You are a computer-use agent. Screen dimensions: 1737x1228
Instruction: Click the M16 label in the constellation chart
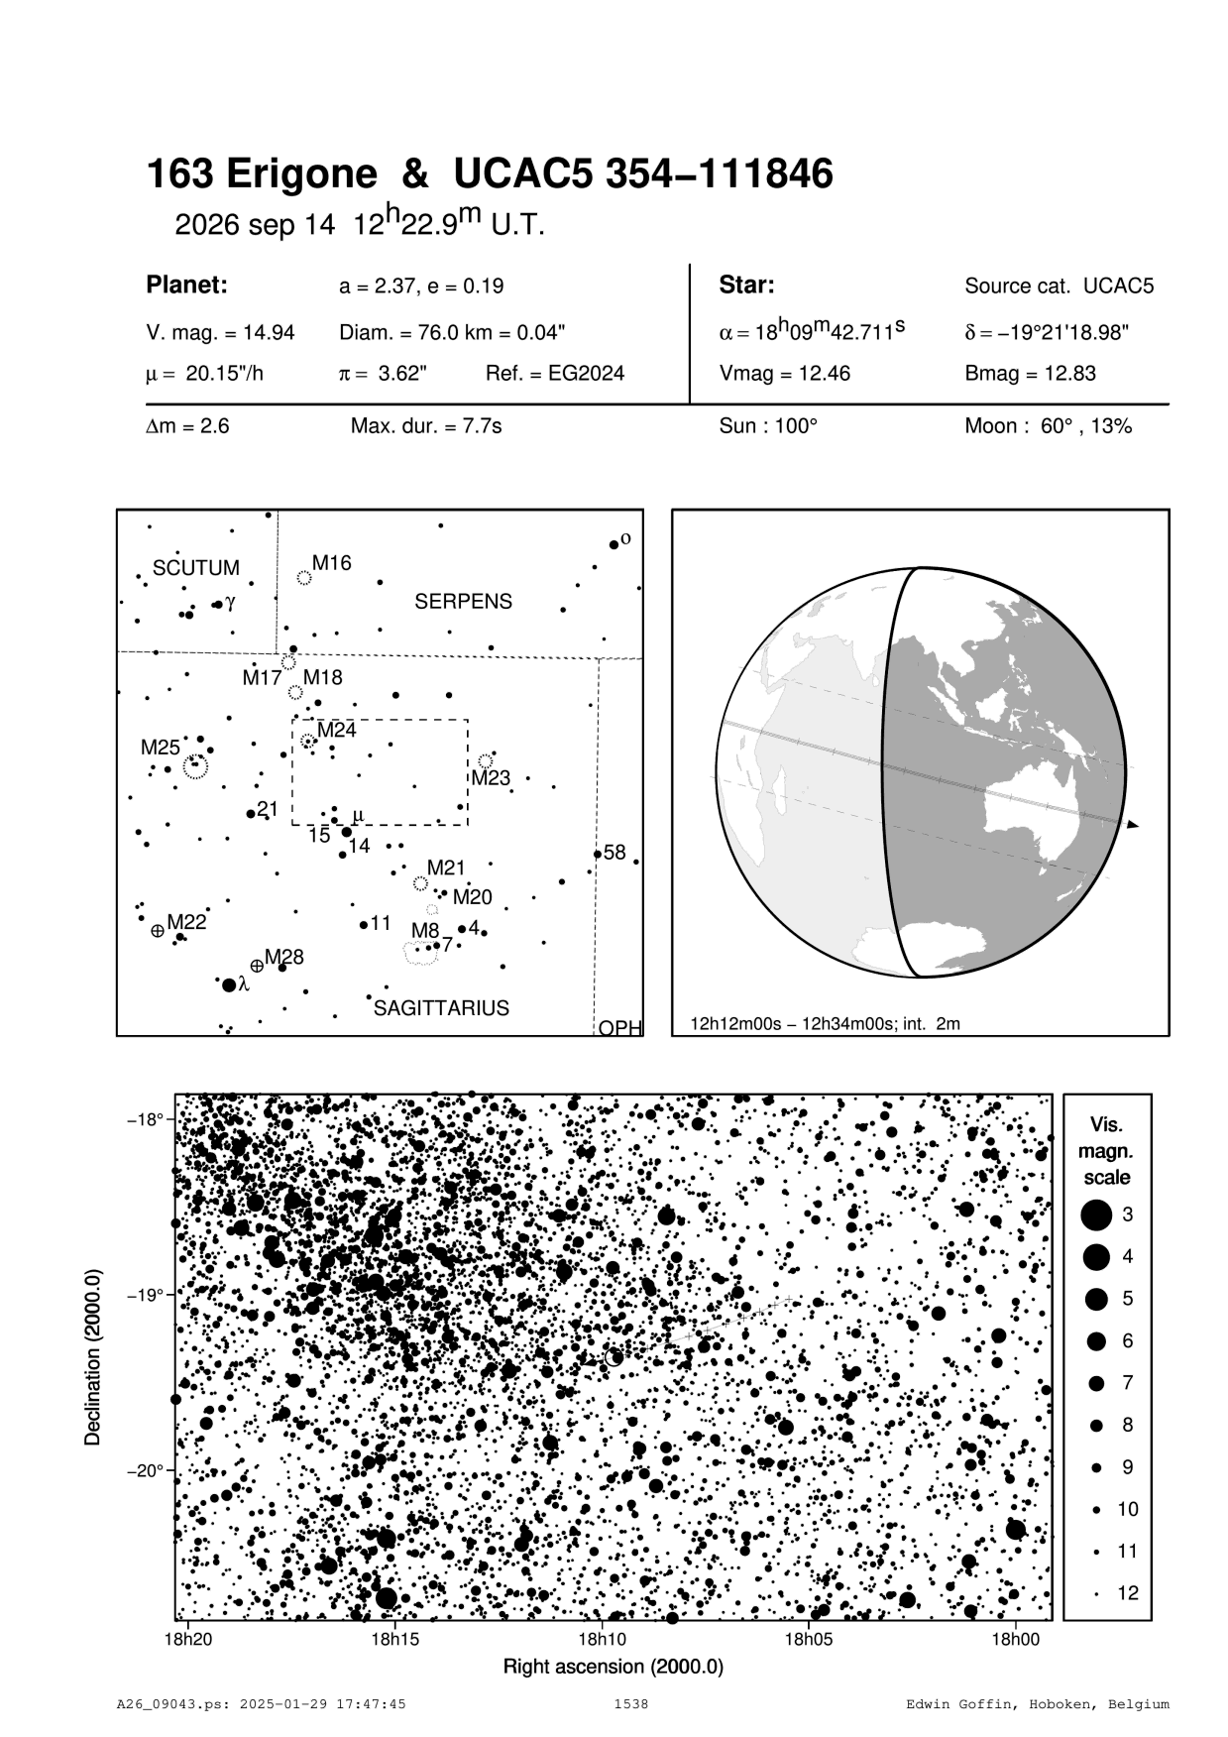tap(331, 563)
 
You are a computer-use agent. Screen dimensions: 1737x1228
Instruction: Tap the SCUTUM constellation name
tap(195, 568)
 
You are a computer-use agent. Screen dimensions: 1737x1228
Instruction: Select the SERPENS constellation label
tap(463, 602)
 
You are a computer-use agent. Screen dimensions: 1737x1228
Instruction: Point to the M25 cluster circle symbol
tap(195, 765)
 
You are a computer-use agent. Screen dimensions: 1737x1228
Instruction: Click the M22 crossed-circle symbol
tap(158, 931)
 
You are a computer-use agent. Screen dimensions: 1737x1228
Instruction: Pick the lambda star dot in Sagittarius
tap(229, 984)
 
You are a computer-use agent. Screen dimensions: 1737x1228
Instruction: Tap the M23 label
tap(490, 778)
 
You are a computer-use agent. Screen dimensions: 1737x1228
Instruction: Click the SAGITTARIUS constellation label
tap(441, 1008)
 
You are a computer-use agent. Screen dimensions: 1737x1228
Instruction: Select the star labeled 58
tap(598, 854)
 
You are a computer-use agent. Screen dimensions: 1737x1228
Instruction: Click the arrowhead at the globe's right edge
tap(1133, 824)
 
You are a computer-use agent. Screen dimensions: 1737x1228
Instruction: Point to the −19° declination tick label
tap(145, 1295)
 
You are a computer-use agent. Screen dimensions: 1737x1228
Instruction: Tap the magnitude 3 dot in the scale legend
tap(1096, 1215)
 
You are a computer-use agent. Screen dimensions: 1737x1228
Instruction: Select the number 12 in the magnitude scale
tap(1127, 1594)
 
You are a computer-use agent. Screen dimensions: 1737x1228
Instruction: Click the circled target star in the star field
tap(614, 1356)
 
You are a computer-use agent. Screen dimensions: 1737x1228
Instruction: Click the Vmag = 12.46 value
tap(784, 374)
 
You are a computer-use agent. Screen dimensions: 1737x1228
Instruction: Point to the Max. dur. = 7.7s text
tap(426, 427)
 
